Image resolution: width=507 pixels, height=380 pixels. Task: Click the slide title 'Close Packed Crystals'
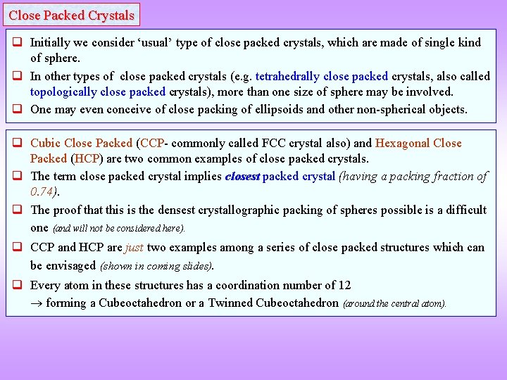(x=71, y=15)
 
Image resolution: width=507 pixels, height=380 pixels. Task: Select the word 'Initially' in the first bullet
(x=51, y=42)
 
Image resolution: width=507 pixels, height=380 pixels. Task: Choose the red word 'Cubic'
(x=46, y=143)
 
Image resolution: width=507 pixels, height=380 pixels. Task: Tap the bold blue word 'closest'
(x=242, y=177)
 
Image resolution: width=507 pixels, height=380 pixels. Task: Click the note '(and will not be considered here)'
(x=119, y=228)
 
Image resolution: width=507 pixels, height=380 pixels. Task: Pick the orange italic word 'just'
(x=134, y=247)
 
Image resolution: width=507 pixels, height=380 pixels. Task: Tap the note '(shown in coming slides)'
(x=157, y=266)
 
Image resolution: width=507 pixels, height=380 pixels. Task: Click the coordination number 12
(x=344, y=285)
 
